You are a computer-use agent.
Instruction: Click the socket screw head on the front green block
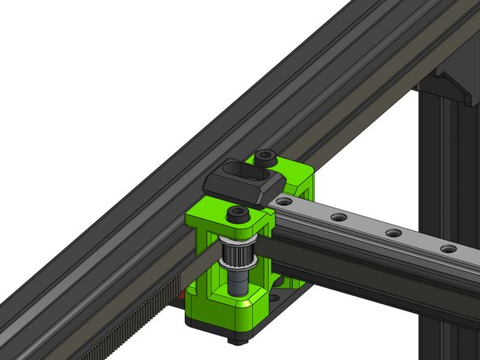(x=237, y=213)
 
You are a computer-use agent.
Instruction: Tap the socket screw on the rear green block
(x=263, y=155)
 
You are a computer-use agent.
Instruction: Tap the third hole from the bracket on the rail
(x=393, y=233)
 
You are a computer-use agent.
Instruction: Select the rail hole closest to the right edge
(x=448, y=248)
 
